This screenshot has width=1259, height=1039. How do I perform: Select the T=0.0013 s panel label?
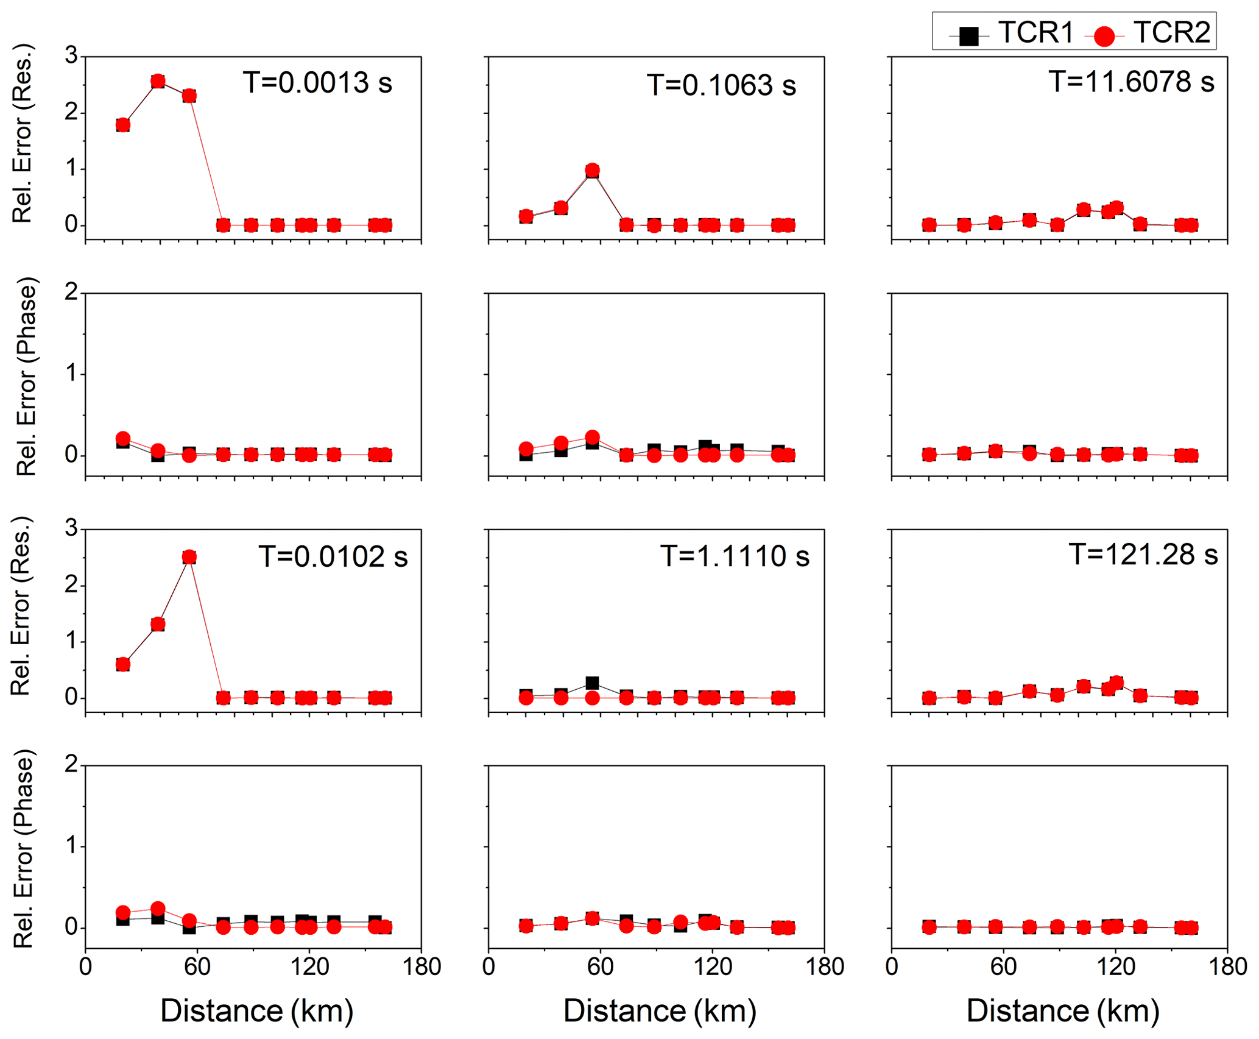coord(317,82)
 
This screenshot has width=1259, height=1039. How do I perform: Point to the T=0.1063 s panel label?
coord(721,85)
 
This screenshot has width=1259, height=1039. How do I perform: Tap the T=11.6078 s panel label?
coord(1131,82)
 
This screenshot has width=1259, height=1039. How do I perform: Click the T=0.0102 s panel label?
coord(333,556)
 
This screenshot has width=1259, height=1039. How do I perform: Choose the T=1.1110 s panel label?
coord(735,556)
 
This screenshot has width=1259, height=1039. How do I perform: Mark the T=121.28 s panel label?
coord(1143,555)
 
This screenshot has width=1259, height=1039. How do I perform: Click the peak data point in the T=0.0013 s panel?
coord(158,81)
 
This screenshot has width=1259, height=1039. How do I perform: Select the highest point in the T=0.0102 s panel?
coord(189,557)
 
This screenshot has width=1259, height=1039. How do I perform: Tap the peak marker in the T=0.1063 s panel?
coord(592,170)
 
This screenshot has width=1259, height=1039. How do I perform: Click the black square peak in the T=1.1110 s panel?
coord(592,683)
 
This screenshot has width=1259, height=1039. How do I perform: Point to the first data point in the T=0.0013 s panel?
coord(123,125)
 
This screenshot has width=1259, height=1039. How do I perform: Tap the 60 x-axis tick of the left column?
coord(197,967)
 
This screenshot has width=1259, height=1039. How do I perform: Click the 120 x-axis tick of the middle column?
coord(713,967)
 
